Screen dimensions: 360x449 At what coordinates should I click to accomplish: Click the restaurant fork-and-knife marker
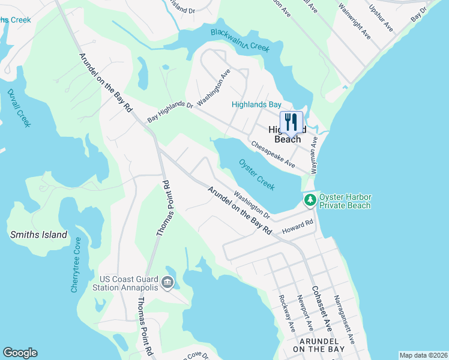coord(291,122)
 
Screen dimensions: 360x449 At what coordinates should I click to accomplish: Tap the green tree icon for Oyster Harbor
coord(310,200)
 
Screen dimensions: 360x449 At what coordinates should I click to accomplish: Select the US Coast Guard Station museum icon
coord(167,281)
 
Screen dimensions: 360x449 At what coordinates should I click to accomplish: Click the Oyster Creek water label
coord(257,175)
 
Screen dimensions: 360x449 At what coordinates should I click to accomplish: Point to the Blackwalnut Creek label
coord(240,39)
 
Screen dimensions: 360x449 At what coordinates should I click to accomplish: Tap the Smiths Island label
coord(39,235)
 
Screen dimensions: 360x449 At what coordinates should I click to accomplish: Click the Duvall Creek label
coord(15,104)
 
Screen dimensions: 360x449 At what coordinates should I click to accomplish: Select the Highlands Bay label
coord(256,104)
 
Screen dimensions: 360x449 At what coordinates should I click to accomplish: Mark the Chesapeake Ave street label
coord(273,154)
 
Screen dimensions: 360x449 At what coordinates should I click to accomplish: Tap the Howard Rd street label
coord(298,226)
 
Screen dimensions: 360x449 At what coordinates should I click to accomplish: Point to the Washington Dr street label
coord(252,205)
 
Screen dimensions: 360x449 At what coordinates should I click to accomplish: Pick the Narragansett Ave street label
coord(345,318)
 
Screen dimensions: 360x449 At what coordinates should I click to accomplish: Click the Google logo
coord(20,353)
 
